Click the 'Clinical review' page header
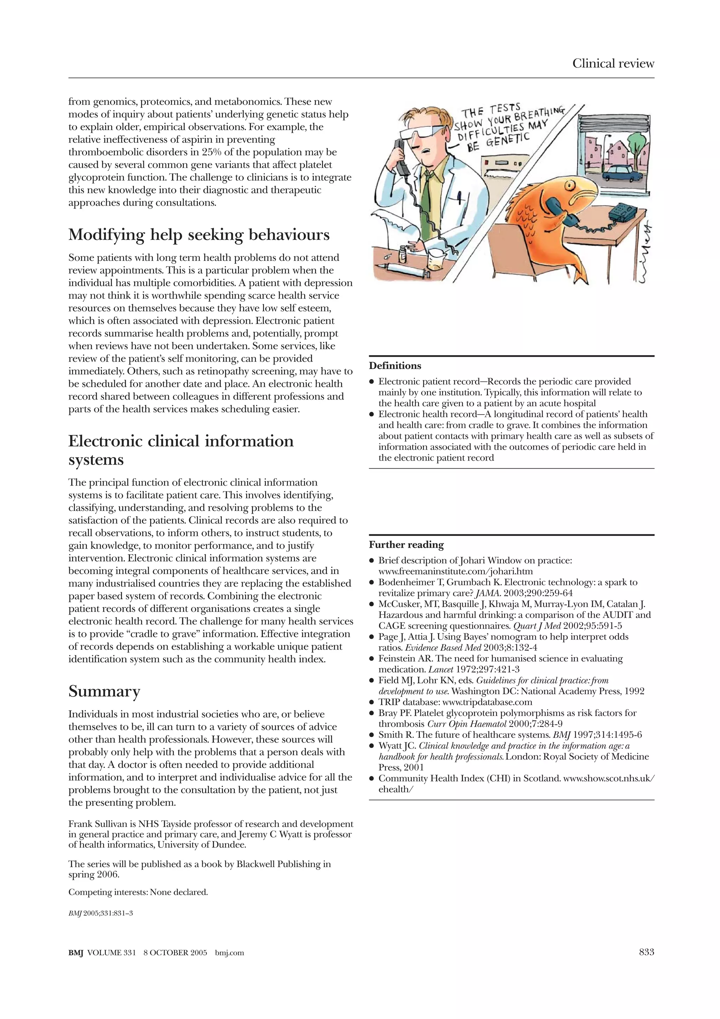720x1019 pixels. point(613,63)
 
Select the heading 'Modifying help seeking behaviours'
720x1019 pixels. point(199,234)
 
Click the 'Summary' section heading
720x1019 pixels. point(104,691)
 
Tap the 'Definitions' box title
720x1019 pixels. point(395,366)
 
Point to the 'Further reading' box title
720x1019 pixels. point(406,545)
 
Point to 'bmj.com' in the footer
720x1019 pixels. point(229,953)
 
